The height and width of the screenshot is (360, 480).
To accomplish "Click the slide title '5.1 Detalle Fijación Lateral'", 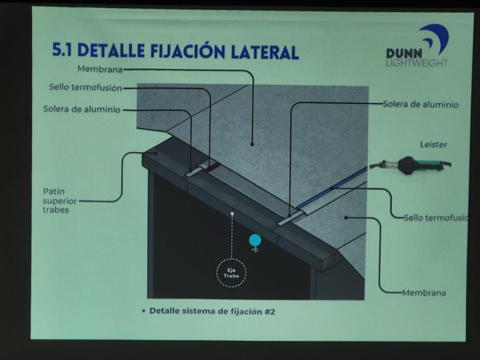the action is click(175, 51).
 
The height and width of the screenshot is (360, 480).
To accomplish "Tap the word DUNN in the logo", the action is click(404, 54).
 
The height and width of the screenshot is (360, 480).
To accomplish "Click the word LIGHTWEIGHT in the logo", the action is click(417, 63).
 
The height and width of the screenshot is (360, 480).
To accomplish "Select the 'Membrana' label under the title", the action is click(100, 69).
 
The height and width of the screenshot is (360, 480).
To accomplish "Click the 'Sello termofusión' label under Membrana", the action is click(86, 88).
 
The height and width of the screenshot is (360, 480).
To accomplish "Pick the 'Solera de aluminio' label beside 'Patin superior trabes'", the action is click(82, 109).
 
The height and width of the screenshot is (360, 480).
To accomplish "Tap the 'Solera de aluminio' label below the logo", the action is click(420, 104).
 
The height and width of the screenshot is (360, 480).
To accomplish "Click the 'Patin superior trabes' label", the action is click(60, 200).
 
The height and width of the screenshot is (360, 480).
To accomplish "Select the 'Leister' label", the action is click(434, 144).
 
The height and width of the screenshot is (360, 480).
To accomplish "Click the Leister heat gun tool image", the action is click(410, 165).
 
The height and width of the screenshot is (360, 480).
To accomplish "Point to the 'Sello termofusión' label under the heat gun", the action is click(435, 218).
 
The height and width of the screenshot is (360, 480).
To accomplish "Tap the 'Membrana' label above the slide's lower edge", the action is click(424, 293).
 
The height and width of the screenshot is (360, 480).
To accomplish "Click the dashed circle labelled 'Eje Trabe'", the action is click(231, 273).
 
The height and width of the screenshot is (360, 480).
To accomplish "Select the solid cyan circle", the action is click(255, 240).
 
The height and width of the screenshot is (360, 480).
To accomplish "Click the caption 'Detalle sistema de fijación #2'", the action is click(212, 311).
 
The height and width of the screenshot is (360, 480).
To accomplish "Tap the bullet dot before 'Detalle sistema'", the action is click(144, 311).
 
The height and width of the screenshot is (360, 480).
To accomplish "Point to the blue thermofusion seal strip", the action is click(332, 188).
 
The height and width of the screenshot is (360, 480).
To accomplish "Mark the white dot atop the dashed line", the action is click(232, 214).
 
